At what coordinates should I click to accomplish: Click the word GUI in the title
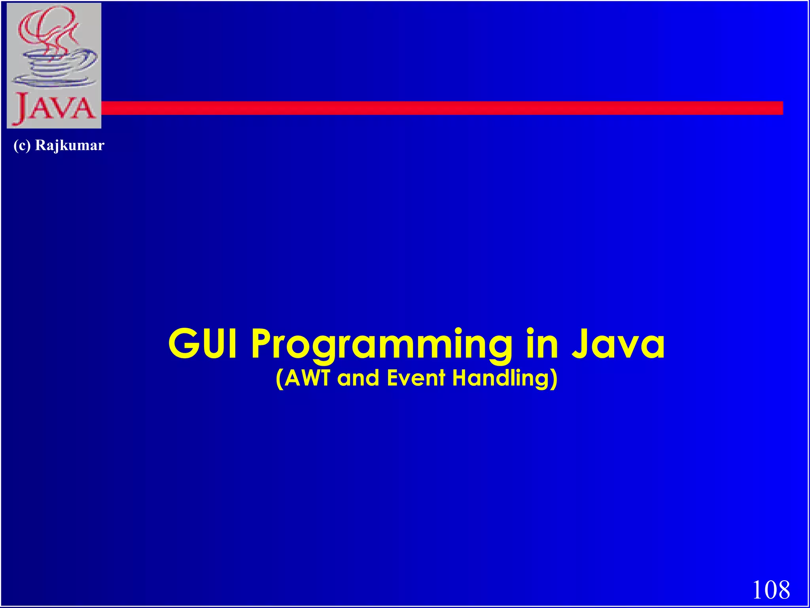[x=203, y=344]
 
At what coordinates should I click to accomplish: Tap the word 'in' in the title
[x=542, y=344]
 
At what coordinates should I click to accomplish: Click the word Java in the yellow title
[x=618, y=344]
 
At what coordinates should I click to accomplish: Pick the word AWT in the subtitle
[x=307, y=378]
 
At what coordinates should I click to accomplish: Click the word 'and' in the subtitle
[x=358, y=378]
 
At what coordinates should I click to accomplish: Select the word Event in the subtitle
[x=416, y=378]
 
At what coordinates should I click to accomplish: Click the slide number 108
[x=771, y=590]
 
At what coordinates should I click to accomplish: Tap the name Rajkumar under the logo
[x=70, y=145]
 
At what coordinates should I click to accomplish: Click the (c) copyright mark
[x=22, y=145]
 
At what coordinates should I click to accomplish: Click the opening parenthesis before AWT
[x=279, y=378]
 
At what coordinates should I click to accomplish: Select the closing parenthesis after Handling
[x=554, y=378]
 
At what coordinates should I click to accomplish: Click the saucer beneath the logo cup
[x=53, y=82]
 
